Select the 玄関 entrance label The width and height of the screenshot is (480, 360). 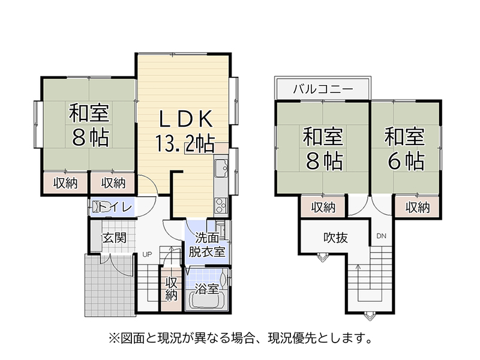(x=114, y=238)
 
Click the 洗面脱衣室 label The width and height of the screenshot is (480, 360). (x=207, y=245)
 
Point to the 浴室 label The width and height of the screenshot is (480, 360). (x=207, y=289)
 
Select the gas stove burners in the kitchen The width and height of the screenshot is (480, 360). (x=221, y=205)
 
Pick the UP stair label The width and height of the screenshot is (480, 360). (x=147, y=254)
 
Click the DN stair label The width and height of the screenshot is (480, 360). (x=382, y=236)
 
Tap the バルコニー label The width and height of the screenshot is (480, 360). (x=323, y=89)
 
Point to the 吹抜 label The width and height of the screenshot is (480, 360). (x=335, y=238)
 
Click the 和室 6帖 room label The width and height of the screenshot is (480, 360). (x=404, y=149)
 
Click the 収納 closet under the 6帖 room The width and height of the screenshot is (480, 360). (x=417, y=208)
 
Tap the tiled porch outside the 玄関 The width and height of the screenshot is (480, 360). (x=109, y=286)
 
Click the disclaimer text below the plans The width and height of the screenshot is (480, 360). (x=241, y=338)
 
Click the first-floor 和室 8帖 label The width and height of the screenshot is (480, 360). (x=89, y=125)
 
